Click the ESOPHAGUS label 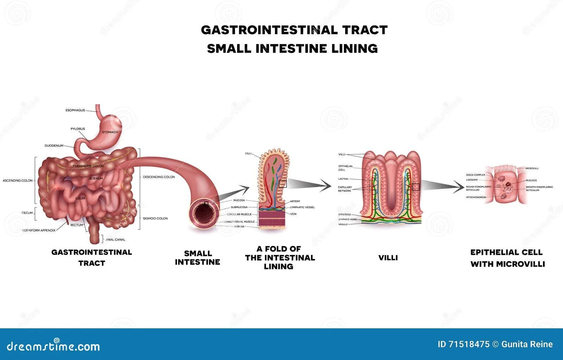pos(75,110)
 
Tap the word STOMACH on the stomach pos(110,132)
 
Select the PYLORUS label pos(78,129)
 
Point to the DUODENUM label pos(54,146)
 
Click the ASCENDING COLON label pos(18,181)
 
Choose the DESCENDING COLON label pos(159,177)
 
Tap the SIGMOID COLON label pos(155,219)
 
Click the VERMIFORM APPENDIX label pos(39,230)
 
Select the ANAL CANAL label pos(116,240)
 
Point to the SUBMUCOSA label pos(239,207)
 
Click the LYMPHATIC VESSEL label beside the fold pos(302,207)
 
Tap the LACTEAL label pos(343,179)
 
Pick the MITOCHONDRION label pos(476,197)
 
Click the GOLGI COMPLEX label pos(475,175)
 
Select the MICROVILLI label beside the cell pos(532,169)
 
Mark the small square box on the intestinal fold pos(283,184)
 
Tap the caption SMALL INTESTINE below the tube pos(197,258)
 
